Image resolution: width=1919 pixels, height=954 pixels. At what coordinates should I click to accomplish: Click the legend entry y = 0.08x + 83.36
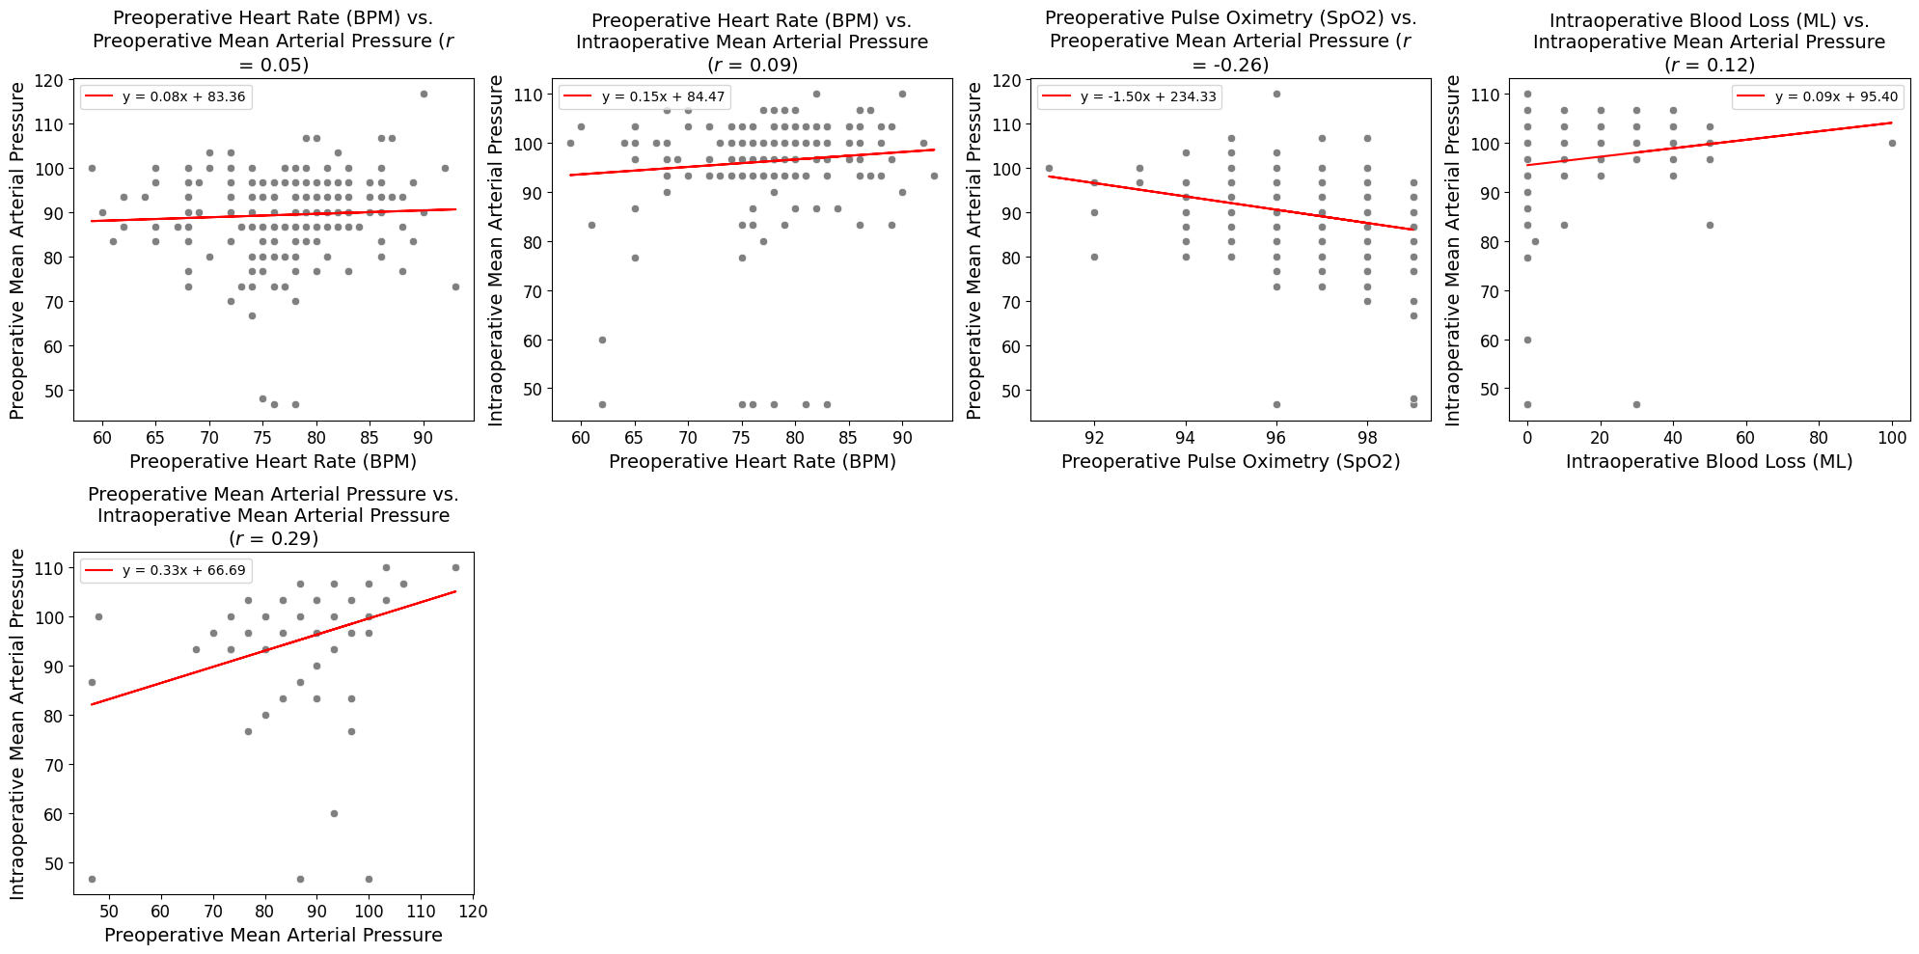pyautogui.click(x=166, y=96)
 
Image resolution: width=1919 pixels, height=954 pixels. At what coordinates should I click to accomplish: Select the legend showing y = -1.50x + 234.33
pyautogui.click(x=1128, y=96)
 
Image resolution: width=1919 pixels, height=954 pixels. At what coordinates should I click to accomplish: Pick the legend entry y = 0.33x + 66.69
pyautogui.click(x=166, y=570)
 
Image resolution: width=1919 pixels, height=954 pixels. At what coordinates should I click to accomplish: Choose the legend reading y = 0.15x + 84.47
pyautogui.click(x=645, y=96)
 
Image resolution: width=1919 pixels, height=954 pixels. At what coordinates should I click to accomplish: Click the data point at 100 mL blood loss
pyautogui.click(x=1892, y=143)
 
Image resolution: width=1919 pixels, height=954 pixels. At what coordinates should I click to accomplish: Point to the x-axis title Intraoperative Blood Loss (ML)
pyautogui.click(x=1709, y=462)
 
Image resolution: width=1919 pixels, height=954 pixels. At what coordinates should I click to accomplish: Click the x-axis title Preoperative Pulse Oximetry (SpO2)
pyautogui.click(x=1230, y=462)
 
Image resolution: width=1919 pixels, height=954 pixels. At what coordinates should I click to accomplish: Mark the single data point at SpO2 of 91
pyautogui.click(x=1049, y=168)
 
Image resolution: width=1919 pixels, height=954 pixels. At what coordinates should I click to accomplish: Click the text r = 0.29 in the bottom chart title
pyautogui.click(x=273, y=538)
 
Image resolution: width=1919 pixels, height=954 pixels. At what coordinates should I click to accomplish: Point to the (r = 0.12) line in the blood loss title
pyautogui.click(x=1709, y=65)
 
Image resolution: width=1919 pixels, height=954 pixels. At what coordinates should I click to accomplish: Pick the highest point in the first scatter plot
pyautogui.click(x=424, y=94)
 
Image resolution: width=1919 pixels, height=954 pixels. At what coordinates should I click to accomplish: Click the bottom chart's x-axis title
pyautogui.click(x=273, y=936)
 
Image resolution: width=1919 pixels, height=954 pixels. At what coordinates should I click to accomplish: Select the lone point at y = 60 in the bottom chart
pyautogui.click(x=334, y=813)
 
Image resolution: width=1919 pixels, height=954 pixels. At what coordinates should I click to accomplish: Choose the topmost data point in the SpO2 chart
pyautogui.click(x=1276, y=94)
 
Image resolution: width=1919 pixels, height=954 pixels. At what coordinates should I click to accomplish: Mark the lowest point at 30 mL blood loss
pyautogui.click(x=1636, y=404)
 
